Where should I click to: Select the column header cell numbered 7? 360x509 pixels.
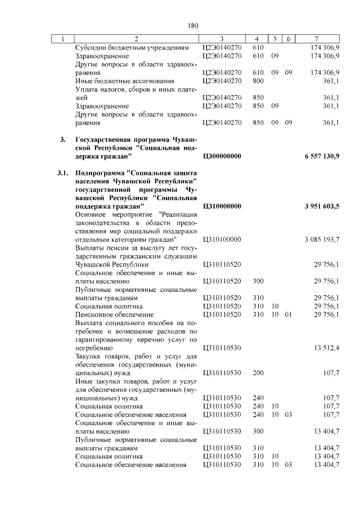[x=317, y=39]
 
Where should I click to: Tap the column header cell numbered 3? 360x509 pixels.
[x=222, y=39]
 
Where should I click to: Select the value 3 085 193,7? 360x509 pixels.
[x=322, y=240]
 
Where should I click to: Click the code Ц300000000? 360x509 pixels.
[x=222, y=156]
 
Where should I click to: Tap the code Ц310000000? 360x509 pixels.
[x=222, y=207]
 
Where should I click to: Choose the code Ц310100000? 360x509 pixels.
[x=222, y=240]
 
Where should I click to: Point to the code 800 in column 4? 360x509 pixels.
[x=258, y=81]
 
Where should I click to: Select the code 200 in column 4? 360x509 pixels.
[x=258, y=372]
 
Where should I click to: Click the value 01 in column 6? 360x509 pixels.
[x=288, y=315]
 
